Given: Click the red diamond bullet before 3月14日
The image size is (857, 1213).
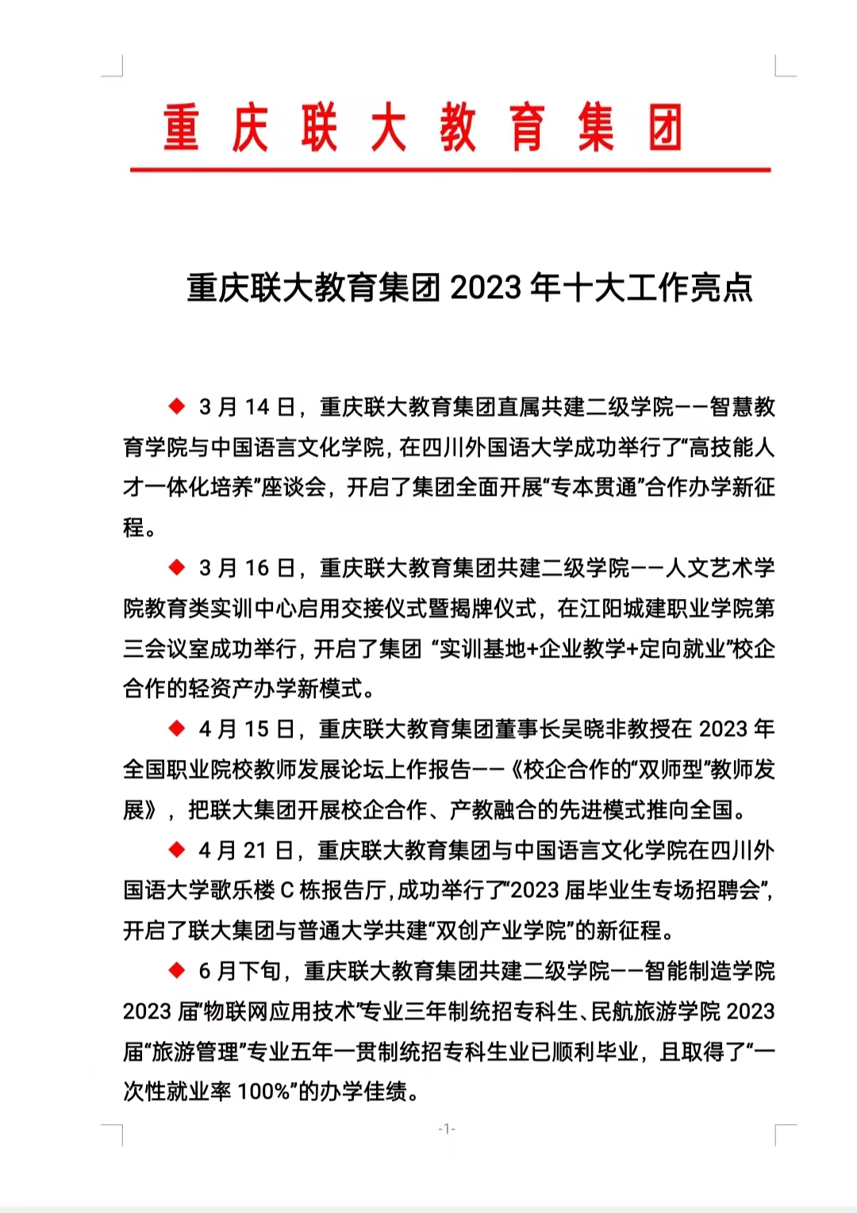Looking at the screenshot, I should (x=176, y=407).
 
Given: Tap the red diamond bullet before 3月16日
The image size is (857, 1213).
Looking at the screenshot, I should (x=176, y=567).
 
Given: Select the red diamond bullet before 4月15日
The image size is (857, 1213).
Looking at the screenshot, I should (x=176, y=728).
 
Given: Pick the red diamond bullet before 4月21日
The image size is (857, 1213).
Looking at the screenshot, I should (x=176, y=850).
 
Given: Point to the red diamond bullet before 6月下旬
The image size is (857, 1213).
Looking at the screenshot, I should (x=176, y=970).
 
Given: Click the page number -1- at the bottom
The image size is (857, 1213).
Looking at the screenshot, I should (x=447, y=1129).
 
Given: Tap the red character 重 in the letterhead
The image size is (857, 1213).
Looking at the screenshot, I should (x=181, y=128).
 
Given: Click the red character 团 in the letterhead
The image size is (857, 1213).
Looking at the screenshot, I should (x=664, y=128).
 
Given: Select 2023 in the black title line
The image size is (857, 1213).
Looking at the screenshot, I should (x=486, y=288).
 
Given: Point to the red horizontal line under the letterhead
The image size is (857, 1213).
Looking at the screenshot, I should (x=450, y=170).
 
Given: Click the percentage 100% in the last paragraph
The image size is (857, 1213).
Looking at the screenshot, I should (x=263, y=1092).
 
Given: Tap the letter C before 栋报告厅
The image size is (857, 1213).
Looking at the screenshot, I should (x=287, y=890).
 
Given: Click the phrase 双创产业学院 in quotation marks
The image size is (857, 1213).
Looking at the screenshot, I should (x=501, y=931).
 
